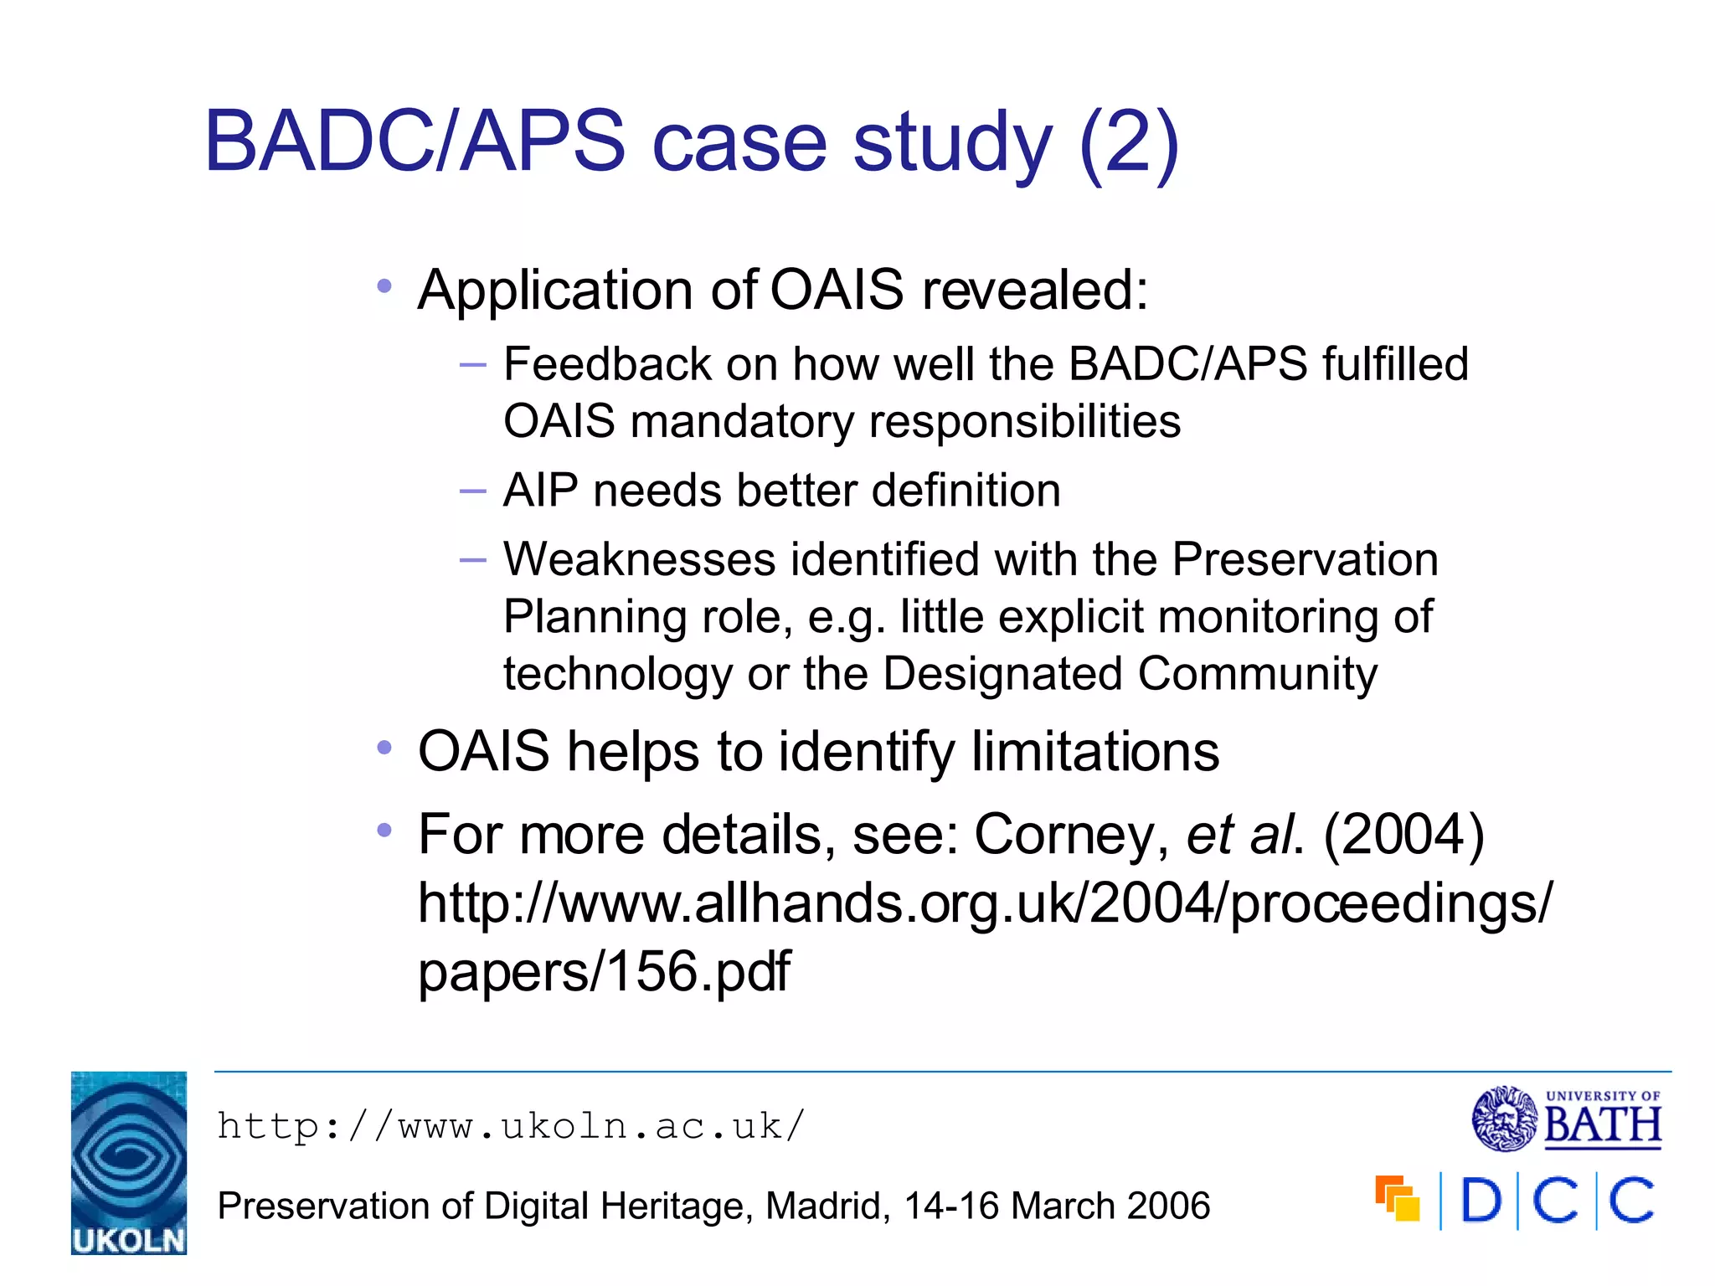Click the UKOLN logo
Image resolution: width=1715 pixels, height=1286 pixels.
[x=128, y=1162]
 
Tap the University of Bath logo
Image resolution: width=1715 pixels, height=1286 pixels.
[x=1566, y=1119]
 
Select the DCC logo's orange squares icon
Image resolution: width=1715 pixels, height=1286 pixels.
[x=1397, y=1199]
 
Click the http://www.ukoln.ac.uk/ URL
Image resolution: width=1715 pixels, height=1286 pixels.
[x=510, y=1126]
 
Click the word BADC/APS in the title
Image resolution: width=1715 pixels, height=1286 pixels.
[x=415, y=141]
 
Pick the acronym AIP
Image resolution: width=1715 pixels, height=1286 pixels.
[x=540, y=491]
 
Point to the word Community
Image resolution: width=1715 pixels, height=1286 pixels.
[x=1257, y=674]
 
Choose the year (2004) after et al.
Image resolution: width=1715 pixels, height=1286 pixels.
[x=1403, y=835]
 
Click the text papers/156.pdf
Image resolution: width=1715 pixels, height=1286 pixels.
[x=604, y=971]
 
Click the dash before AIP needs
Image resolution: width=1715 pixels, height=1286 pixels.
[x=473, y=491]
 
